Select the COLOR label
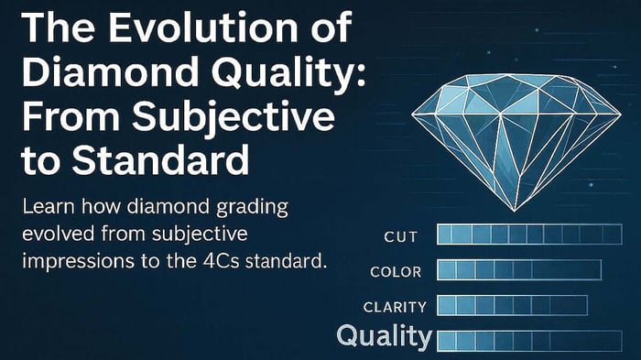coord(395,272)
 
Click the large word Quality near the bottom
coord(384,337)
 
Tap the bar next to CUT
coord(530,235)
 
